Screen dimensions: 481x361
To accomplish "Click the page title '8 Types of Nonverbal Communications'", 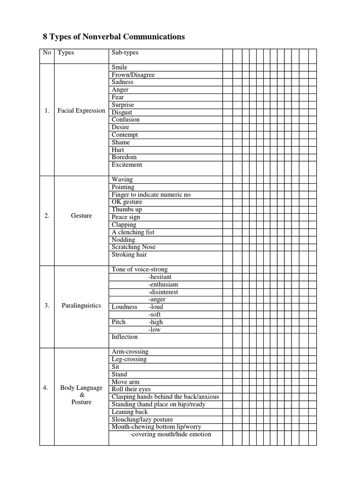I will [111, 37].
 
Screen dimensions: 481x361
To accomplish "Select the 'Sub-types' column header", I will [125, 53].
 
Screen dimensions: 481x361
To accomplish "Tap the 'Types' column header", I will [66, 53].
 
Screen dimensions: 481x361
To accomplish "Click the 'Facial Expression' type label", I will [81, 111].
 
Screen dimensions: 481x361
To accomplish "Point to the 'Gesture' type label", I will [81, 216].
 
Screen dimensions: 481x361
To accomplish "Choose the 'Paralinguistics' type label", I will [81, 305].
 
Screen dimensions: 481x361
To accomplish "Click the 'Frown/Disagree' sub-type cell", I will [133, 75].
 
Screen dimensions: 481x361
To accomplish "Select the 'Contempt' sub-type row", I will [125, 135].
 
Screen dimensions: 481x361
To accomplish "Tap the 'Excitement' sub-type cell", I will [127, 165].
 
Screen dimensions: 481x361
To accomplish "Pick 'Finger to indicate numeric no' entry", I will [151, 194].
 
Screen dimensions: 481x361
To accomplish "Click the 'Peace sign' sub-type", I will [126, 217].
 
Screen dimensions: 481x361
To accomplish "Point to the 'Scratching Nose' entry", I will [133, 247].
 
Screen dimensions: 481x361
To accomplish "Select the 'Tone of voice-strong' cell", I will [140, 270].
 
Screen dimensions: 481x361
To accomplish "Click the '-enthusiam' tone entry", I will [163, 285].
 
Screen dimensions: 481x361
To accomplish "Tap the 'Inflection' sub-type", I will [125, 337].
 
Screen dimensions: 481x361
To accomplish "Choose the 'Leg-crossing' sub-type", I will [129, 359].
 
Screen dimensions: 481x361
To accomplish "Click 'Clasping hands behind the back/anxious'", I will [165, 397].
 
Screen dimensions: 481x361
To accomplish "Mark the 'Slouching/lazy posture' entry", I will [142, 419].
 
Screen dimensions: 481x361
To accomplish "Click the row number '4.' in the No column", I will [47, 388].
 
